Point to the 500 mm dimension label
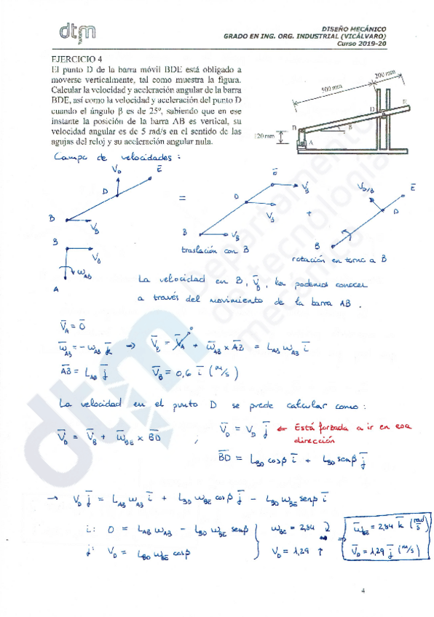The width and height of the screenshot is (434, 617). (331, 87)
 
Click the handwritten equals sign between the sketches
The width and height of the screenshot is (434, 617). (183, 197)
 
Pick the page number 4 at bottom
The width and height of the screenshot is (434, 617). (363, 592)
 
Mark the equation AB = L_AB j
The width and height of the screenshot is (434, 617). (82, 373)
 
